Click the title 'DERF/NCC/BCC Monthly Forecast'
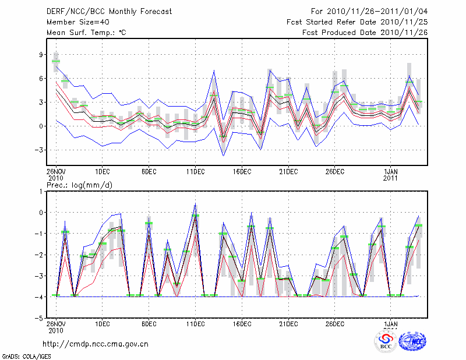(109, 12)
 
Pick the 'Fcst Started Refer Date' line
(357, 22)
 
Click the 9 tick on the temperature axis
(41, 55)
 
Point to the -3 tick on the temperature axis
(39, 150)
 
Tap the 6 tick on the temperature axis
(41, 79)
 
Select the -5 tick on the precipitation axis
(39, 319)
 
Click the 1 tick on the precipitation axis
(41, 191)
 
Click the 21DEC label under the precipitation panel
(288, 324)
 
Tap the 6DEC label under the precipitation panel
(149, 324)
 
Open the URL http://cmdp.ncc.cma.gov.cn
(96, 344)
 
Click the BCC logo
(386, 341)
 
